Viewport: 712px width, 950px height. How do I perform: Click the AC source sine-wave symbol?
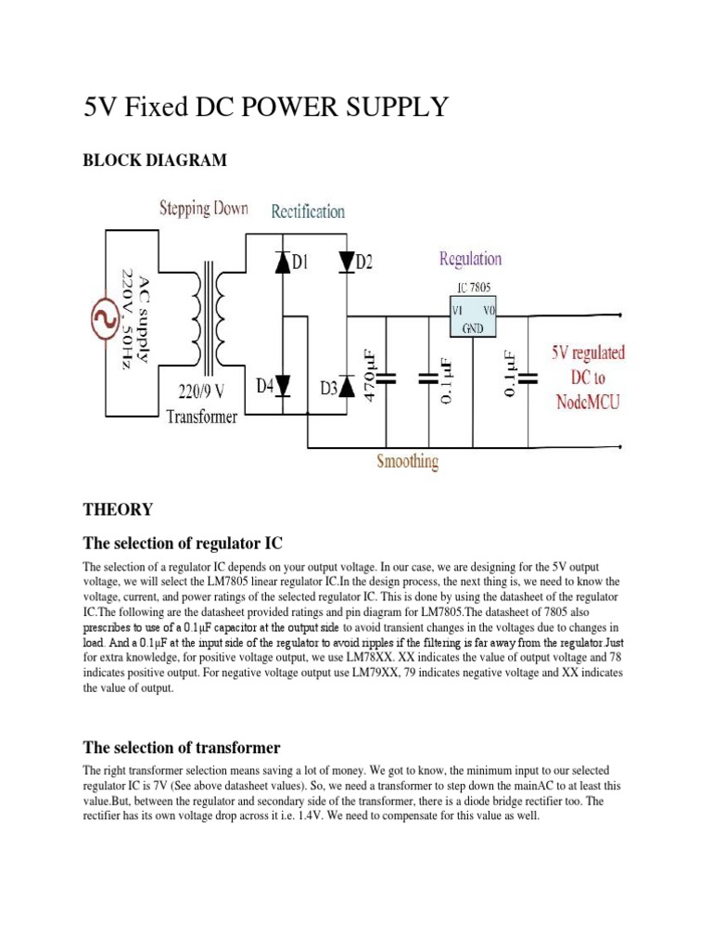click(x=100, y=321)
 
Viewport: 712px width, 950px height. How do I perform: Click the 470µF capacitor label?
click(x=369, y=376)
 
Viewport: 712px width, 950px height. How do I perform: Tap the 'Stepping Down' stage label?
click(x=203, y=208)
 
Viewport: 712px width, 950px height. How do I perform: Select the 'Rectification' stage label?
click(x=308, y=212)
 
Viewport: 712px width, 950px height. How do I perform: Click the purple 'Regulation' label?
click(x=470, y=259)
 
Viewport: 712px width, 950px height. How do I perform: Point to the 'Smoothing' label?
click(x=407, y=461)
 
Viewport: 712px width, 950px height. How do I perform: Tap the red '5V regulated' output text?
click(x=588, y=353)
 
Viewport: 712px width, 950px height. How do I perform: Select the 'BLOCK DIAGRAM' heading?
click(x=155, y=160)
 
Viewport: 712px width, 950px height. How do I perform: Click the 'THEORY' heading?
click(x=118, y=509)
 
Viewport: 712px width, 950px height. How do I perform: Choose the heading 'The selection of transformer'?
click(x=182, y=747)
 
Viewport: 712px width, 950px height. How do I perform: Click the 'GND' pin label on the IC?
click(x=473, y=327)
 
